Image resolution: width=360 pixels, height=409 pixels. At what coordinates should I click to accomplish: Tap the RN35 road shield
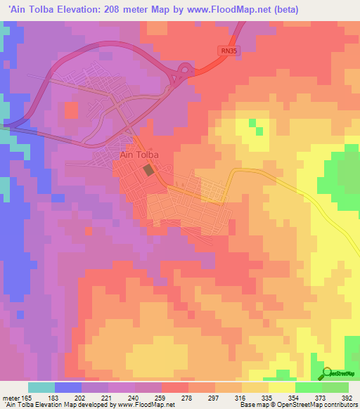click(x=224, y=51)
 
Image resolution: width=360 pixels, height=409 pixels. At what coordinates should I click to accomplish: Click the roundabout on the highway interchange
click(x=185, y=70)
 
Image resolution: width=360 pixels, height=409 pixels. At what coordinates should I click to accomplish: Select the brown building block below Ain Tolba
click(x=148, y=170)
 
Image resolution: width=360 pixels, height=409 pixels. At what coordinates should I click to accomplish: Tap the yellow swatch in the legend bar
click(x=281, y=387)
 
